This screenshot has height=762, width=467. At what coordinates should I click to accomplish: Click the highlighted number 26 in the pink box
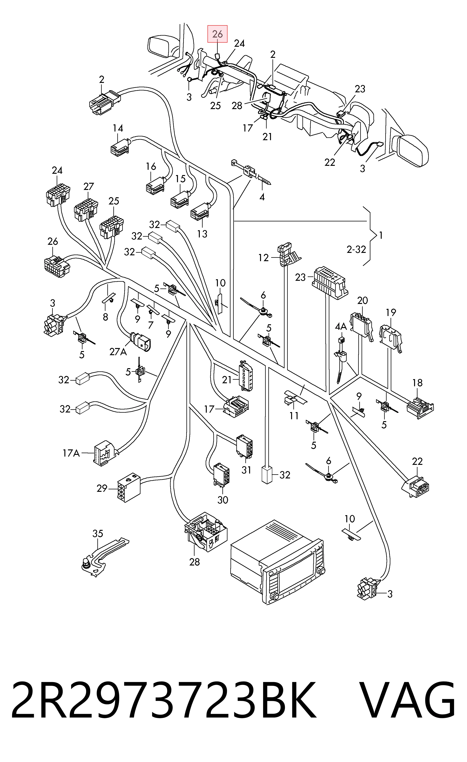(217, 34)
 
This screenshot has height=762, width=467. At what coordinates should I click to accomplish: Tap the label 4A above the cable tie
(341, 326)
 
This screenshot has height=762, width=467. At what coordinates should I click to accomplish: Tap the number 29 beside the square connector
(102, 488)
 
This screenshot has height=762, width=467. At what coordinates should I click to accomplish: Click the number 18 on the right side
(417, 383)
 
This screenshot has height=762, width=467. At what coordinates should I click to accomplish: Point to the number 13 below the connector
(202, 234)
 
